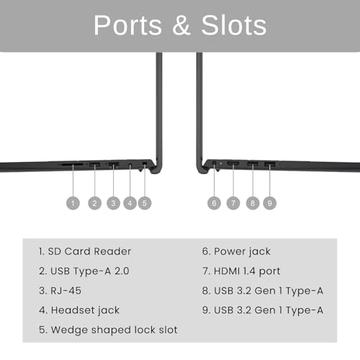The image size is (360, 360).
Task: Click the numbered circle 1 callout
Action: pyautogui.click(x=73, y=203)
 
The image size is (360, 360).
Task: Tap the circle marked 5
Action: pyautogui.click(x=145, y=203)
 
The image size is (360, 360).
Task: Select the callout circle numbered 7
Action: pyautogui.click(x=233, y=203)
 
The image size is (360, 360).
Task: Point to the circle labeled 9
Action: pyautogui.click(x=269, y=203)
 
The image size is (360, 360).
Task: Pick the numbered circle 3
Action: pyautogui.click(x=113, y=203)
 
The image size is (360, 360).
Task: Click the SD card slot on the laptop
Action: pyautogui.click(x=73, y=165)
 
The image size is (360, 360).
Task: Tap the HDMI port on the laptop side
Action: pyautogui.click(x=233, y=164)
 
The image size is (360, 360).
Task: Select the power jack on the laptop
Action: pyautogui.click(x=215, y=163)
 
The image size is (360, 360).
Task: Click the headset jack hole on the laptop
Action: pyautogui.click(x=130, y=165)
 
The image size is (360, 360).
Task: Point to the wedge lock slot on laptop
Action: pyautogui.click(x=145, y=163)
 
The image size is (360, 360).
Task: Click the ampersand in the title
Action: pyautogui.click(x=181, y=25)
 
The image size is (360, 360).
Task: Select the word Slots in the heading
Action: pyautogui.click(x=234, y=25)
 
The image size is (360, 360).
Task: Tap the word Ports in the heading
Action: pyautogui.click(x=127, y=25)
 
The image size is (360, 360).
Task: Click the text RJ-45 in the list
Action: pyautogui.click(x=66, y=291)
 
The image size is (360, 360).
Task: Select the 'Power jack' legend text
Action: pyautogui.click(x=242, y=252)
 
